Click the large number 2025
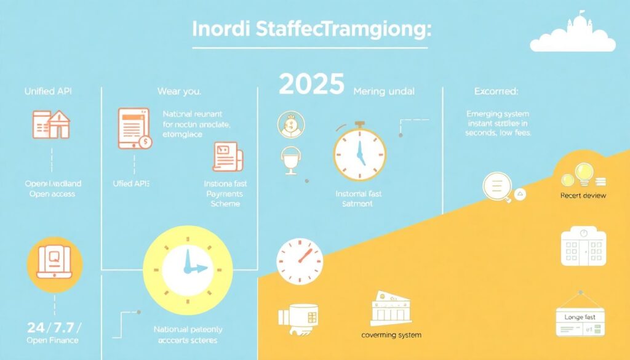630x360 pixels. point(311,86)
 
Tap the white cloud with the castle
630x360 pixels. point(572,34)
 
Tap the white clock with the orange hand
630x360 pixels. point(300,261)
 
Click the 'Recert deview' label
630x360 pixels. point(583,195)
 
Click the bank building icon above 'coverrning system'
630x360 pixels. point(391,308)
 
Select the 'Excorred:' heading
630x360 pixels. point(496,91)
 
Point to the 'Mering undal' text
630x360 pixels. point(384,91)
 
